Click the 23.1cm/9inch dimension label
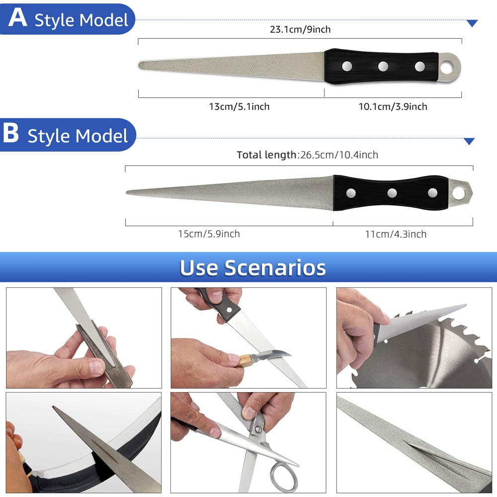click(x=300, y=29)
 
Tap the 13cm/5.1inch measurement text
click(x=239, y=106)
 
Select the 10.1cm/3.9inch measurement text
click(x=393, y=106)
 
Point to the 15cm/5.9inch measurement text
click(x=209, y=234)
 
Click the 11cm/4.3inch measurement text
click(x=396, y=234)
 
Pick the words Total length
click(x=266, y=155)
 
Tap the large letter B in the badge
click(x=11, y=133)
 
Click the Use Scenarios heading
click(x=252, y=268)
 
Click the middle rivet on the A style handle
click(x=383, y=66)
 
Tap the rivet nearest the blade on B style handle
click(x=351, y=193)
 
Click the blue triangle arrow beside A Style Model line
click(x=472, y=23)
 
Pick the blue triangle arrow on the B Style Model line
click(x=469, y=141)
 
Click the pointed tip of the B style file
click(x=126, y=192)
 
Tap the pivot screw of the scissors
click(x=258, y=429)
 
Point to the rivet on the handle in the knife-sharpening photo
click(x=229, y=309)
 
